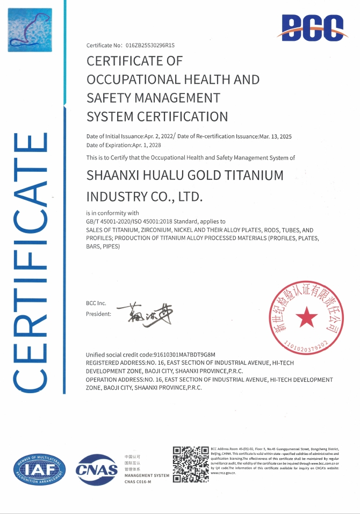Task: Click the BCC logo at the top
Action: [x=312, y=26]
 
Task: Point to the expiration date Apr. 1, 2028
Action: [x=147, y=145]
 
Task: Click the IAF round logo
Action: [x=39, y=470]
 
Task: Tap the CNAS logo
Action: [x=97, y=469]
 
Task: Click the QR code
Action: [x=190, y=464]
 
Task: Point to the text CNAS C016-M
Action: [x=138, y=482]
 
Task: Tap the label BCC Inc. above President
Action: [x=96, y=303]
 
